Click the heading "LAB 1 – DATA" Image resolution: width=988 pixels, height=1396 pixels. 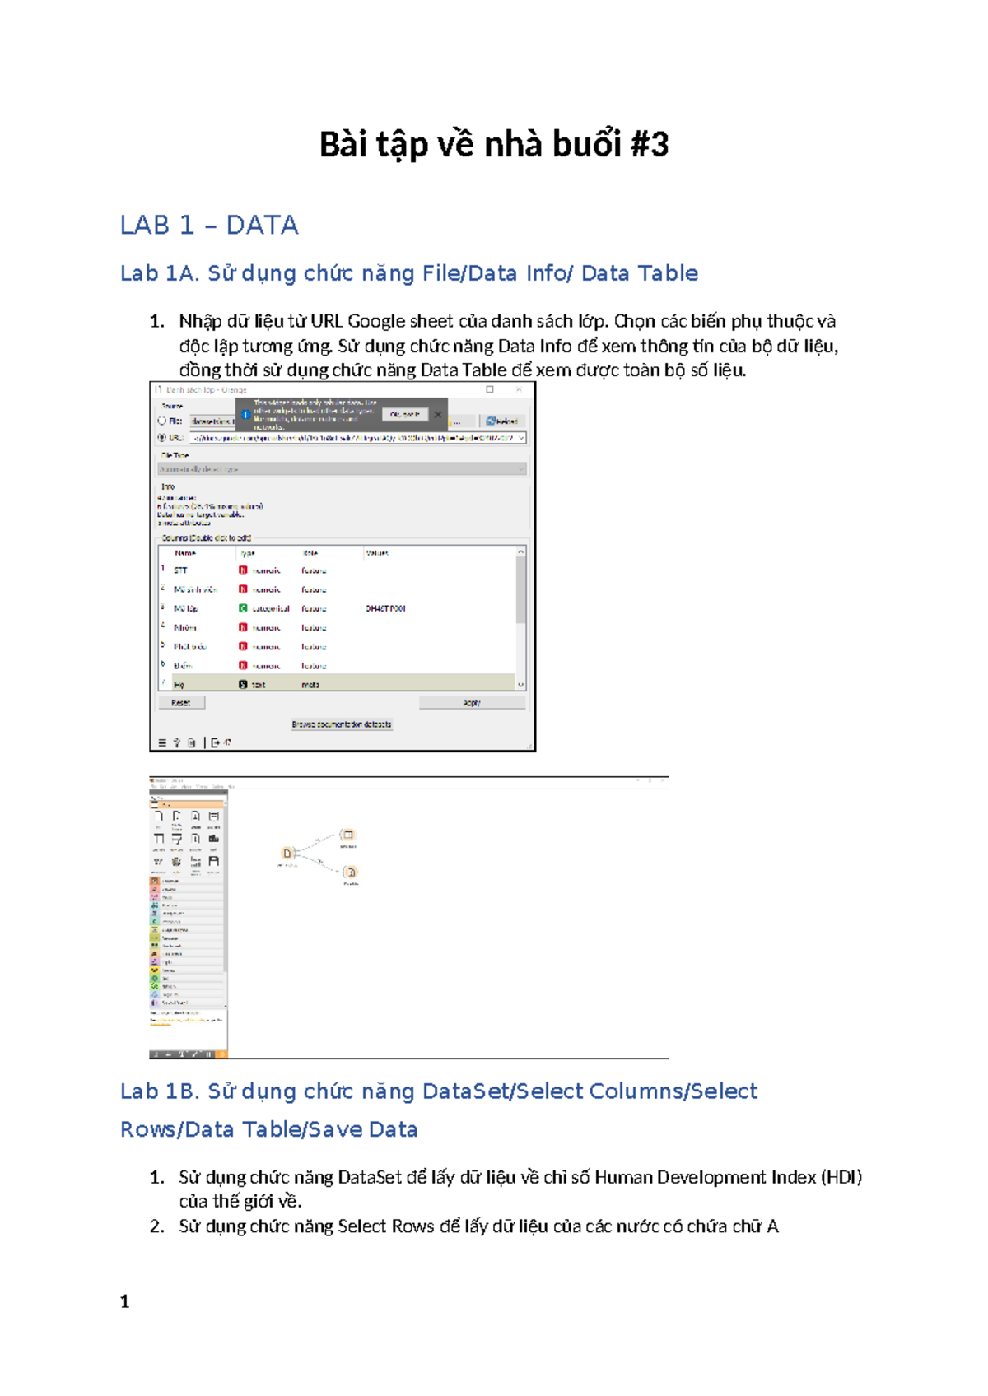pos(209,225)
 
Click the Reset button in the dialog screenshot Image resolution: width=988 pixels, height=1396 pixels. pos(181,703)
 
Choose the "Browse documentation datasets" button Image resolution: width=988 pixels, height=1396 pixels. pos(342,724)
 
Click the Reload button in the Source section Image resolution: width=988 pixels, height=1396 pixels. pos(501,421)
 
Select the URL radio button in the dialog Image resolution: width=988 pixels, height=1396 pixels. pos(162,437)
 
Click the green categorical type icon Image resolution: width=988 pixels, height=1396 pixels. pos(243,608)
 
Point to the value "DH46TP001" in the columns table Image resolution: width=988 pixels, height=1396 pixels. pos(385,608)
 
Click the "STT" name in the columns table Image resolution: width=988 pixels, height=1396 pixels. pos(180,570)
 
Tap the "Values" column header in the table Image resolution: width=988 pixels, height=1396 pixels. pos(377,553)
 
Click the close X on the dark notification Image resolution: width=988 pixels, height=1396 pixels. pos(438,415)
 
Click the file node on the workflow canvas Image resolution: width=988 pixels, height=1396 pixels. pos(287,854)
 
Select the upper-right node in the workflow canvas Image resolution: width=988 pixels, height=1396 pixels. pos(348,835)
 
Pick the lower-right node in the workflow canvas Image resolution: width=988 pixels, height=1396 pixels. pos(351,872)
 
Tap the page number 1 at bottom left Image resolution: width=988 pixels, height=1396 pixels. pos(125,1301)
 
